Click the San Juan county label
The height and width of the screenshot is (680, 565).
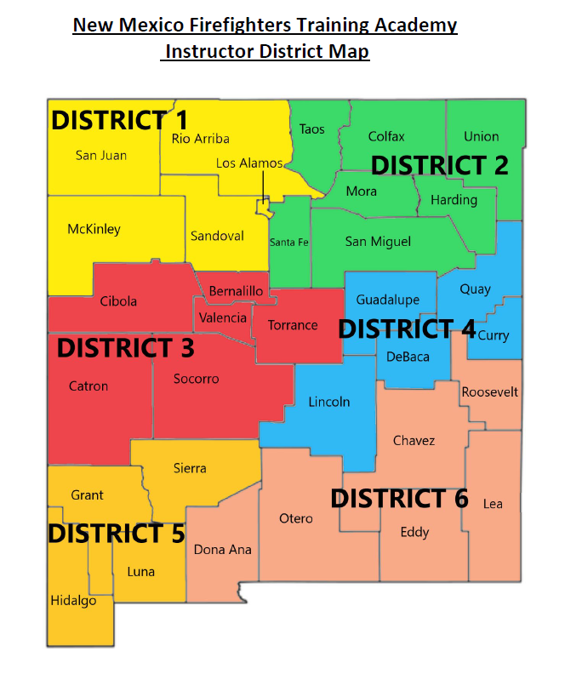tap(101, 155)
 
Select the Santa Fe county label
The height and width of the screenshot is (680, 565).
tap(288, 243)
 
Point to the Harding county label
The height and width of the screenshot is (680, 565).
tap(454, 200)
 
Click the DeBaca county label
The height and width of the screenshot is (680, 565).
tap(408, 357)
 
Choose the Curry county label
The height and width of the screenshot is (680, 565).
tap(494, 335)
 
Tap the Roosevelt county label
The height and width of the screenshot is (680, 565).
tap(489, 392)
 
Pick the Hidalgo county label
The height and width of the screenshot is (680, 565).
tap(73, 601)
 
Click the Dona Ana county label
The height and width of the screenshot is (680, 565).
tap(222, 550)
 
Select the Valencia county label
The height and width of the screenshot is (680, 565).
tap(223, 318)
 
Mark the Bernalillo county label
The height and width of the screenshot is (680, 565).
tap(236, 291)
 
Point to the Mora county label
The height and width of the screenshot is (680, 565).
tap(361, 191)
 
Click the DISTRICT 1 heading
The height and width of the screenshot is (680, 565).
tap(119, 120)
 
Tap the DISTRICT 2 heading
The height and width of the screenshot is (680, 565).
tap(440, 164)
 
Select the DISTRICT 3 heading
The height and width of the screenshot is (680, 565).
tap(125, 347)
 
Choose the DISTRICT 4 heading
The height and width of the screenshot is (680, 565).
tap(407, 329)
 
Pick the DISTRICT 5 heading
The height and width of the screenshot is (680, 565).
tap(116, 534)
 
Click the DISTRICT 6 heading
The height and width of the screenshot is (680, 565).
tap(399, 499)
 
